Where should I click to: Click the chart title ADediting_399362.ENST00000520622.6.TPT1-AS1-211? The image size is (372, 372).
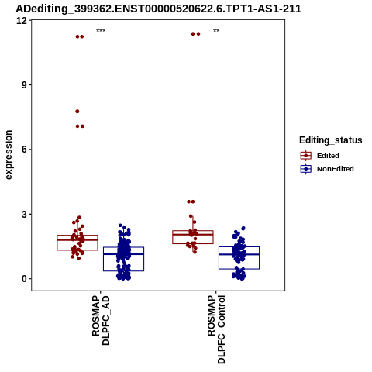click(x=158, y=9)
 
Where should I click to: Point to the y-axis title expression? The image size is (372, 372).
click(x=9, y=155)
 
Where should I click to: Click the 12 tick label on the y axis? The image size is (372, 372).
click(x=22, y=20)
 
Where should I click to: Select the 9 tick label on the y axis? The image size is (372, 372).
click(x=25, y=85)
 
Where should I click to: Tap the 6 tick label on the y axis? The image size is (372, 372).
click(x=25, y=150)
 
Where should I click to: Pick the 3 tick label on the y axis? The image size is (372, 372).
click(x=25, y=214)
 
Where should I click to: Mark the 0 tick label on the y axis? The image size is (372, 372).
click(x=25, y=279)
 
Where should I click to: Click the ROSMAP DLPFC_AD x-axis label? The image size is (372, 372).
click(x=101, y=320)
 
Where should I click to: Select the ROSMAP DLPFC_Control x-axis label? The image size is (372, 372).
click(x=216, y=329)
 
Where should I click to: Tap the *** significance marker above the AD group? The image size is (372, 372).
click(x=101, y=31)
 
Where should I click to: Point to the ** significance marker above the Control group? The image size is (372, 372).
click(x=216, y=31)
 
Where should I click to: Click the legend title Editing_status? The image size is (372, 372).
click(x=331, y=140)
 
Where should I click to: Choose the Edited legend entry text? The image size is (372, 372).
click(x=328, y=156)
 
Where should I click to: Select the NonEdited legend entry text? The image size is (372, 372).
click(x=336, y=169)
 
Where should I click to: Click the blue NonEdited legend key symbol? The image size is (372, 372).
click(x=306, y=169)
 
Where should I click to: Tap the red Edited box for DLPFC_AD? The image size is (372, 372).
click(x=77, y=236)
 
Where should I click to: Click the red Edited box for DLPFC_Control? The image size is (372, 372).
click(x=193, y=231)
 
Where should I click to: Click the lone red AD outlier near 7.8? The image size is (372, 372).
click(x=77, y=112)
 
